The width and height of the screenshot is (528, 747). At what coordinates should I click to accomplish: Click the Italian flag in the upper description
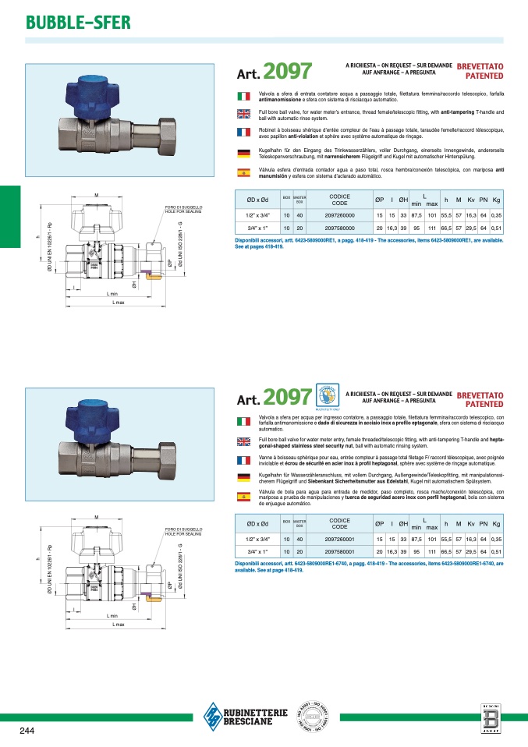[243, 95]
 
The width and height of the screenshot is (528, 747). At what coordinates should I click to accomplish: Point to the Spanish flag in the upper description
[243, 172]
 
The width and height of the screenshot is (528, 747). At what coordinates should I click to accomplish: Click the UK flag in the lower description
[243, 441]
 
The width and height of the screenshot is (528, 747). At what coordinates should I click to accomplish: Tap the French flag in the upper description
[243, 133]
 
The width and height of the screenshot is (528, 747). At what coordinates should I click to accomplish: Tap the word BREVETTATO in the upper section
[479, 68]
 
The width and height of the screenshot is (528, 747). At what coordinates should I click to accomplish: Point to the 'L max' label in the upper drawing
[118, 302]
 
